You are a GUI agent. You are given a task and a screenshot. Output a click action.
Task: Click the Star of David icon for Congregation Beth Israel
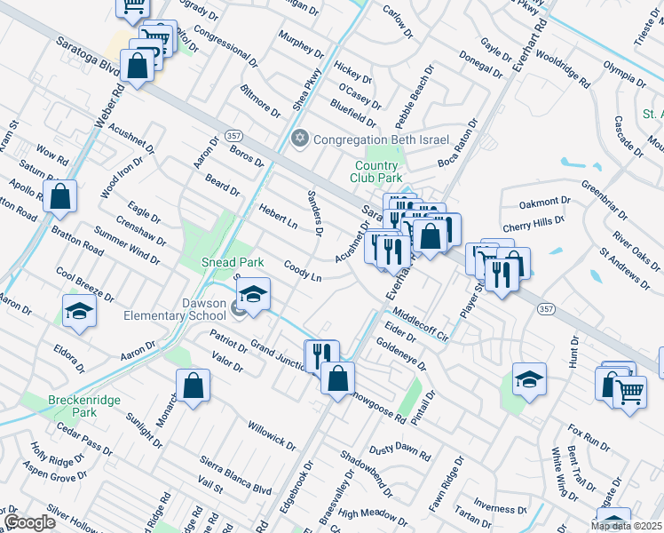point(299,139)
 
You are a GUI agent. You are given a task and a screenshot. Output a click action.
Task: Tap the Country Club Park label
point(378,171)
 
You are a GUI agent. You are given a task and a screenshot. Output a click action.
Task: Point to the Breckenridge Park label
point(72,406)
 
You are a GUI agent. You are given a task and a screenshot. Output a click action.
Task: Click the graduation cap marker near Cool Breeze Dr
point(79,311)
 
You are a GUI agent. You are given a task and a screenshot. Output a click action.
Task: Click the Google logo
point(29,522)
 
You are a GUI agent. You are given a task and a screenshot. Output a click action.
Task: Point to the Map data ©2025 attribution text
point(626,526)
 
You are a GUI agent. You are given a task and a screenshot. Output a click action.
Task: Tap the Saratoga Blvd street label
point(87,55)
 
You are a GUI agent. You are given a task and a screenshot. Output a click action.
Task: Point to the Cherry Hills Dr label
point(534,221)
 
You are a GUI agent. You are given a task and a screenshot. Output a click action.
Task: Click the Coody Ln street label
point(303,271)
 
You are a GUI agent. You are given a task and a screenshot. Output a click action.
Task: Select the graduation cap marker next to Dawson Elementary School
point(254,295)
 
